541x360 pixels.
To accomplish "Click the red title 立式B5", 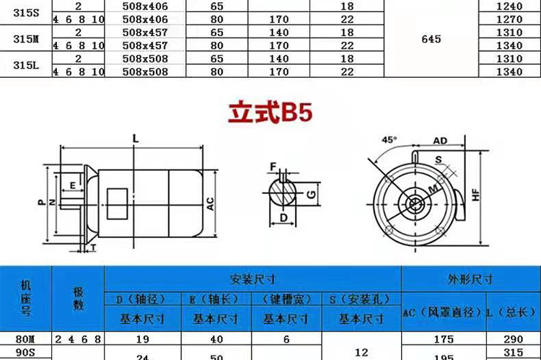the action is click(x=270, y=112).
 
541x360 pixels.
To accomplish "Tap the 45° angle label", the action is click(x=390, y=140).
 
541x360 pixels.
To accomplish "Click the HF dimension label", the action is click(x=476, y=195).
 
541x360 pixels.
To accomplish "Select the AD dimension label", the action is click(x=440, y=141).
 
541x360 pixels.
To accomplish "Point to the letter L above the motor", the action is click(x=136, y=139).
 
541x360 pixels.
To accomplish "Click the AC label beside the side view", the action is click(x=210, y=204).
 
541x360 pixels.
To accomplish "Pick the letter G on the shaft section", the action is click(x=311, y=194).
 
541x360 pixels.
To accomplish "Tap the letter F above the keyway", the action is click(x=273, y=167).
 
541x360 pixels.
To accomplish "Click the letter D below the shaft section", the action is click(x=283, y=218).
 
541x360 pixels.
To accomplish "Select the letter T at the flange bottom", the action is click(x=93, y=248).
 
